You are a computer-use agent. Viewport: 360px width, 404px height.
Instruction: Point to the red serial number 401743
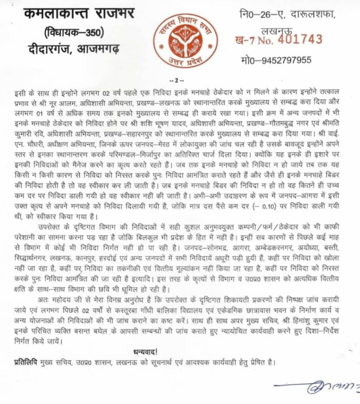(x=300, y=39)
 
